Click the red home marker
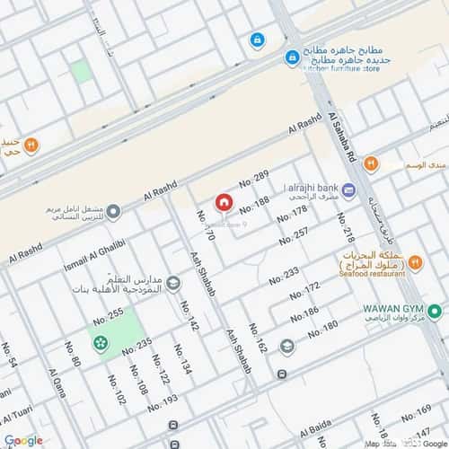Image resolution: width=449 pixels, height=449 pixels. click(224, 201)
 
